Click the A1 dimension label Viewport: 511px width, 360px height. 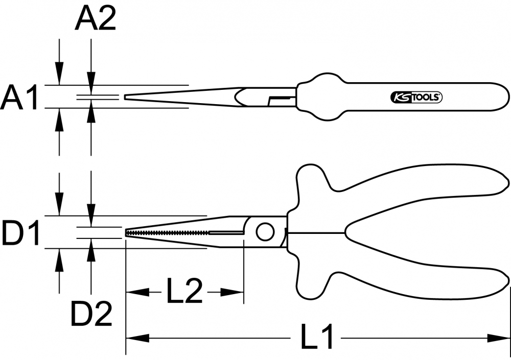19,97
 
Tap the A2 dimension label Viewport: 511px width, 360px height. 96,19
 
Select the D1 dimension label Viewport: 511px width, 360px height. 20,233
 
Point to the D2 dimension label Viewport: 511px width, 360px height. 91,314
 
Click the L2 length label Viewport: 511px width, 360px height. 184,292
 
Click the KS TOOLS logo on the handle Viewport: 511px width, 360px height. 416,97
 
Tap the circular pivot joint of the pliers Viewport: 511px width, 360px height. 265,232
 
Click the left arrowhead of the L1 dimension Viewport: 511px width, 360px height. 137,338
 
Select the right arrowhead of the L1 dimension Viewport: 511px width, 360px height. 498,338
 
